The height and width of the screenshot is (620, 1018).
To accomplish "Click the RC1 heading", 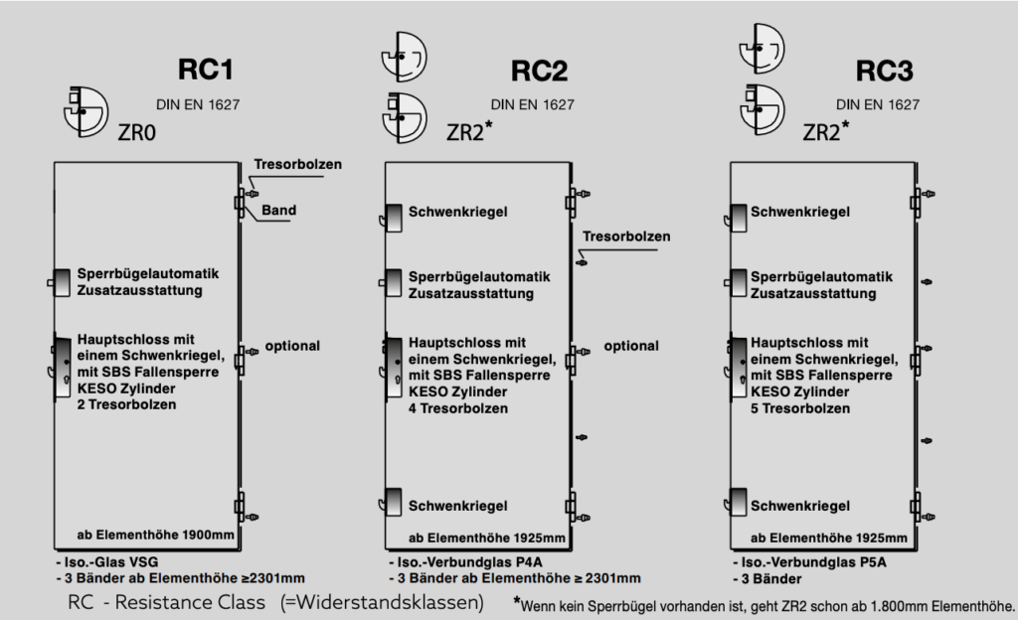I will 206,71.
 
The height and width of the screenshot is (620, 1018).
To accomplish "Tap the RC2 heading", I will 539,71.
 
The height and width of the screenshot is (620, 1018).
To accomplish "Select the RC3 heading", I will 884,71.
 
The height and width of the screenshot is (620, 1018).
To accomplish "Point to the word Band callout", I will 279,211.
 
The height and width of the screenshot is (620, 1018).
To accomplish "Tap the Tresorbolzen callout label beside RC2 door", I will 626,236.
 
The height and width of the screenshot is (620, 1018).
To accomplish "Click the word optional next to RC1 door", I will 292,346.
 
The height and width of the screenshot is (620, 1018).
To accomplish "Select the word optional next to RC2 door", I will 631,346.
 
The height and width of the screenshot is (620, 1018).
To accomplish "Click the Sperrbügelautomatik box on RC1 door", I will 62,282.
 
